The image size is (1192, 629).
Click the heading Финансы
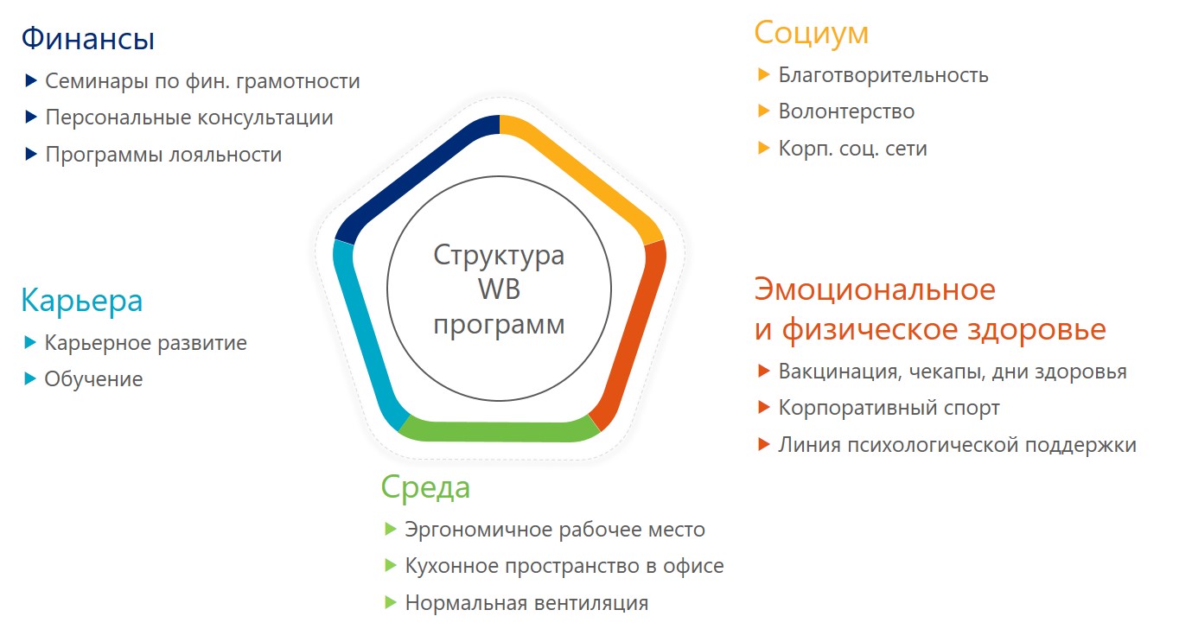[x=88, y=39]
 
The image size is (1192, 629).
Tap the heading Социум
[x=811, y=33]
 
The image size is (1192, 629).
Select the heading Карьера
[x=82, y=301]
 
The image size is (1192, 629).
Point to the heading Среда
[x=425, y=487]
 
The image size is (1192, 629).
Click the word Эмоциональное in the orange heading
[x=875, y=290]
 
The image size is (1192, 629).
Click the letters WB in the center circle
[x=499, y=289]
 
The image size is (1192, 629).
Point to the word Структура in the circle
[x=499, y=255]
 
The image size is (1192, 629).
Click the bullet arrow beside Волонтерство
[x=763, y=111]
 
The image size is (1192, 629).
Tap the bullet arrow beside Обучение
[x=30, y=379]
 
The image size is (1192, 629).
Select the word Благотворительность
[x=883, y=75]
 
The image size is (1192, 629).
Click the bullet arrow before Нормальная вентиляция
[x=391, y=603]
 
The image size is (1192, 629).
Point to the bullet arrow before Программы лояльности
[x=31, y=154]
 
